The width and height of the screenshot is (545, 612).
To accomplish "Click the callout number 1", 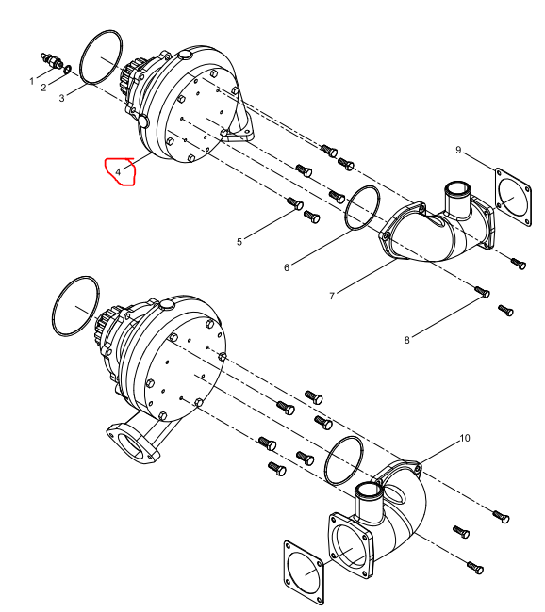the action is coord(32,81).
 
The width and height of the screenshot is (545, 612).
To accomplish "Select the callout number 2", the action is coord(43,88).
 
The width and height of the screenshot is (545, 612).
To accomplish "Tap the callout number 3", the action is coord(62,98).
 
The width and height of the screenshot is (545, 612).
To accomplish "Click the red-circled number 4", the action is coord(118,171).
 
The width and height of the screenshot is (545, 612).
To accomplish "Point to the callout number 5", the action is coord(239,242).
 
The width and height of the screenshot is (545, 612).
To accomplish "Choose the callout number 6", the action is coord(287,267).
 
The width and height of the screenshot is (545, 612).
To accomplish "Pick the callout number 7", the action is coord(332,297).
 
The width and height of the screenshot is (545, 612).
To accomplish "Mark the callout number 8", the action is coord(406,340).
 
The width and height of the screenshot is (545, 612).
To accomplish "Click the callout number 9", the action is coord(458,150).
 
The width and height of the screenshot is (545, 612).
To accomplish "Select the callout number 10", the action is coord(465,439).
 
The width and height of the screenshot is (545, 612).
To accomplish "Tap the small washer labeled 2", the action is coord(67,70).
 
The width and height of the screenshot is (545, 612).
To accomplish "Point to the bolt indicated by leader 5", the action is coord(296,203).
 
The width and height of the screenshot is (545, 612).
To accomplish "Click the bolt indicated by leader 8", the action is coord(483,292).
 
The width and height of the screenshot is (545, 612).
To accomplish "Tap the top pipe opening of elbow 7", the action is coord(454,189).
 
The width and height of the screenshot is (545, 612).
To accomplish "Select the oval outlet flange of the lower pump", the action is coord(133,443).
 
